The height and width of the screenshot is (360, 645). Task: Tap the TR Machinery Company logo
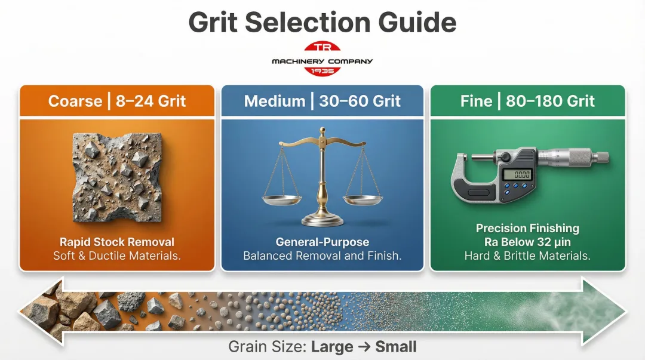click(322, 59)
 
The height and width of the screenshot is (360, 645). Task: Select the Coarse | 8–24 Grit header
click(116, 101)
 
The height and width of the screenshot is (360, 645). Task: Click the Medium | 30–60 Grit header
click(322, 101)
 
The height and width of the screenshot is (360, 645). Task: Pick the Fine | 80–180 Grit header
click(527, 101)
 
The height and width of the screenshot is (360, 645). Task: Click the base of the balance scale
click(322, 220)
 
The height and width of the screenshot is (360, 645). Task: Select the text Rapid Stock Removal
click(116, 242)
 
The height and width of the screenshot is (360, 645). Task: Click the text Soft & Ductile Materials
click(116, 256)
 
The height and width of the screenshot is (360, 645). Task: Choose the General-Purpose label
click(322, 242)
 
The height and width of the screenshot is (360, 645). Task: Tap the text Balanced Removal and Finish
click(322, 256)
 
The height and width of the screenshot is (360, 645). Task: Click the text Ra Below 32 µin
click(527, 242)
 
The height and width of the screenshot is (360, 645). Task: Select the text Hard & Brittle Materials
click(527, 256)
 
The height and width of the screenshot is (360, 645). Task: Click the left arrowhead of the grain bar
click(36, 311)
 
